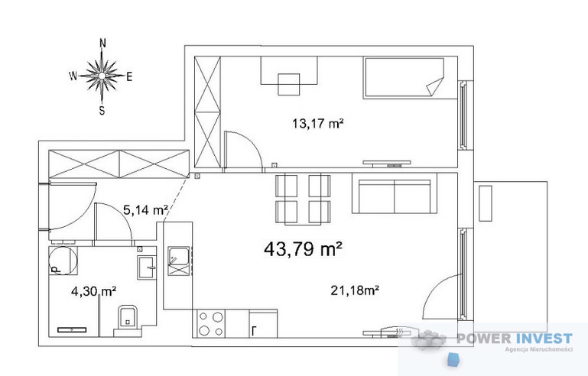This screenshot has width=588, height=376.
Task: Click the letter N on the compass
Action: click(102, 43)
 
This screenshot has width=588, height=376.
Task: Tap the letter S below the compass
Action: click(102, 111)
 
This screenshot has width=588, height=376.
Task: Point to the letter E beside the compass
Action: click(129, 77)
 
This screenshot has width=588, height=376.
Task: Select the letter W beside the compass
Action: click(73, 76)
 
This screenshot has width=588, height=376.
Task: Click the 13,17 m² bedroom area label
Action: click(318, 123)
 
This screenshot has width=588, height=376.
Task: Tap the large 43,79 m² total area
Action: click(303, 248)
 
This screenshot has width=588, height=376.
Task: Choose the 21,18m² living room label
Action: click(354, 290)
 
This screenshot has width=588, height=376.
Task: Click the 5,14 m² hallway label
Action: click(145, 210)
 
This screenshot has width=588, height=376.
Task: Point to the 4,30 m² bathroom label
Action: click(93, 291)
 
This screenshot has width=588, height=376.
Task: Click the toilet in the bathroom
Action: click(128, 320)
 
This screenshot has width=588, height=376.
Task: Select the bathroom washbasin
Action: click(147, 267)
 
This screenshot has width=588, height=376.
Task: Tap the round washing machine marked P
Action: click(63, 261)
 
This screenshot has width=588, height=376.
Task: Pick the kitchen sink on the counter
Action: click(178, 261)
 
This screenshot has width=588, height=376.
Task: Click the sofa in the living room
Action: click(395, 193)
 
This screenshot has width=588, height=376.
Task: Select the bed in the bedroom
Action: click(404, 78)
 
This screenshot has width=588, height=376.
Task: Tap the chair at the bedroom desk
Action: click(289, 84)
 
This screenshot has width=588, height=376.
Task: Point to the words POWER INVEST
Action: click(515, 339)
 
